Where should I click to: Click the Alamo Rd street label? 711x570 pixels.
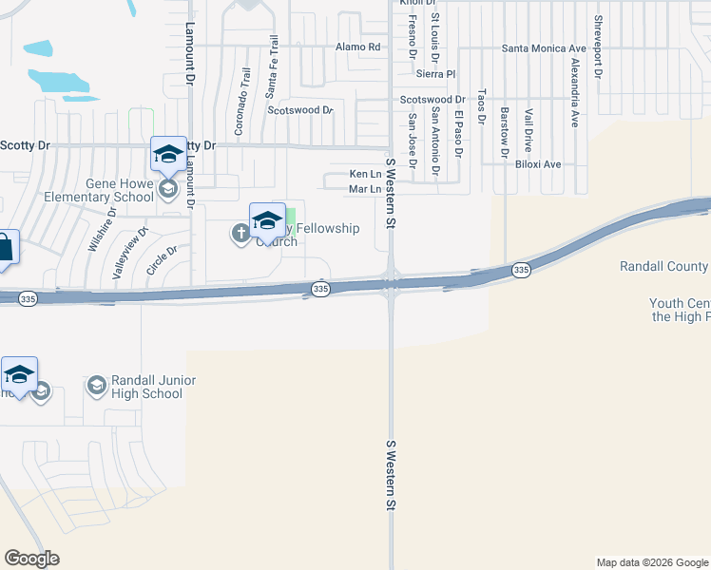358,47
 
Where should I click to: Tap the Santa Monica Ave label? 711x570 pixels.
544,48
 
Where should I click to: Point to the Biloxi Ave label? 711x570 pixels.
538,164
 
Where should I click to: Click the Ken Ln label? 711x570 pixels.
365,174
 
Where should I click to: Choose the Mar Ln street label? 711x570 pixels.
365,189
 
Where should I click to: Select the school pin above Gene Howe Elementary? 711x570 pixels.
168,155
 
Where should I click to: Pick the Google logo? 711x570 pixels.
31,559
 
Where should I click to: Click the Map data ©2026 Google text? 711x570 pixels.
652,562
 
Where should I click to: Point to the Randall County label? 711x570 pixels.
663,267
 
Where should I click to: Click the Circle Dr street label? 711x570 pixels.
162,262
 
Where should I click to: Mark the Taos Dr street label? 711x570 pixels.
482,107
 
